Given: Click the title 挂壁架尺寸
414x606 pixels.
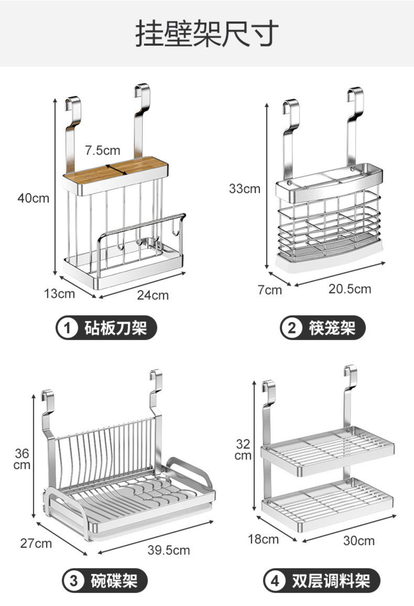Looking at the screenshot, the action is [207, 34].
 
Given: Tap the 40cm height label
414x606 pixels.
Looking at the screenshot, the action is [33, 198].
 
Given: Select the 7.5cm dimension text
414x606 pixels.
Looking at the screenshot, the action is [103, 151].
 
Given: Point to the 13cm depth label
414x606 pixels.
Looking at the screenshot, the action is [59, 294].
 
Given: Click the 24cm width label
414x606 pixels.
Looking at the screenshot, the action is [153, 295].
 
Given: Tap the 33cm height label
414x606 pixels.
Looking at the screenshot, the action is [245, 189].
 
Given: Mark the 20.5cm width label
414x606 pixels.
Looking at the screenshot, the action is [350, 289].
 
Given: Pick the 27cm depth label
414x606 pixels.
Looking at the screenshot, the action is [36, 543].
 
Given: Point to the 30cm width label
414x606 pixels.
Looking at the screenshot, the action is [359, 541].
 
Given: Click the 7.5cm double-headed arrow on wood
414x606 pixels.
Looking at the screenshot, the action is [116, 170].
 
